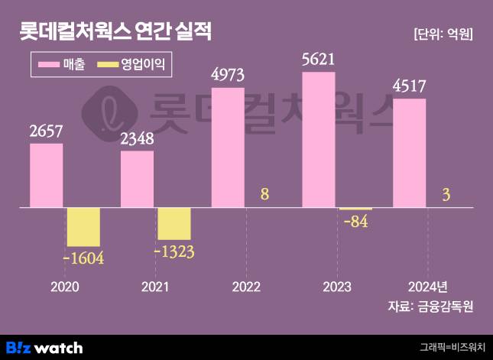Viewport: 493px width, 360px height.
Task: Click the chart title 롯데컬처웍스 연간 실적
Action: click(115, 32)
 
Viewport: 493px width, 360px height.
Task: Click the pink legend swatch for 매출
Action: click(54, 65)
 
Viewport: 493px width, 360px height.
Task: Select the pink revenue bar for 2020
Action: click(47, 175)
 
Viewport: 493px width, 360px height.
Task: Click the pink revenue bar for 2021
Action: click(137, 179)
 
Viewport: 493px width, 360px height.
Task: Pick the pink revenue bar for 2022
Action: click(228, 148)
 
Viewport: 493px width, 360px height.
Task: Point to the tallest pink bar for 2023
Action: click(319, 139)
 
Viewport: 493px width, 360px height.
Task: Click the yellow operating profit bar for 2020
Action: click(83, 226)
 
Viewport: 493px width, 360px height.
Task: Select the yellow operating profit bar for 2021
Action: click(174, 223)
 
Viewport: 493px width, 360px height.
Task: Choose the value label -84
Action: click(357, 222)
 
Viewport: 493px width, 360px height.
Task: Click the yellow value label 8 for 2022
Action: click(264, 194)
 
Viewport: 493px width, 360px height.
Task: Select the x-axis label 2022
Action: click(246, 287)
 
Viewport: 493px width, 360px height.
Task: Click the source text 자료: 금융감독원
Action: click(431, 307)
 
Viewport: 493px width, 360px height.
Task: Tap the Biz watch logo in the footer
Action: click(44, 347)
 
